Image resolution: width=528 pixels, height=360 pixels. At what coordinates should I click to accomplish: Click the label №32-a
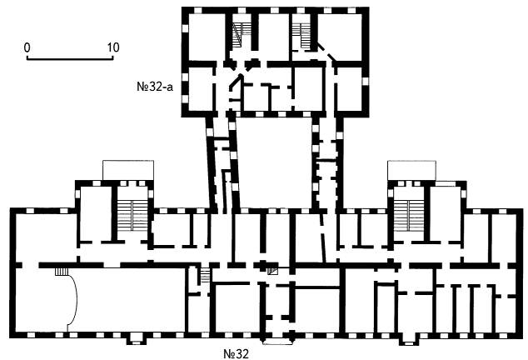coord(155,87)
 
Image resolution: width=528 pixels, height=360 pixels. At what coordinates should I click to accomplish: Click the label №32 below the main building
coord(236,354)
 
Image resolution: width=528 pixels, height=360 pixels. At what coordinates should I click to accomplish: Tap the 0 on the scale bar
coord(27,47)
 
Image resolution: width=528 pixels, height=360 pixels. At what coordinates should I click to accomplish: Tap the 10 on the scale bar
coord(113,47)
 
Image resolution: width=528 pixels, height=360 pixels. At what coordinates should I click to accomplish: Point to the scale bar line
coord(70,59)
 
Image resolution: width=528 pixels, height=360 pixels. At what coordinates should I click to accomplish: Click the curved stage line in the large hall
coord(75,297)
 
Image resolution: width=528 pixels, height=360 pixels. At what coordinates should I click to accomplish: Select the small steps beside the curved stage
coord(62,272)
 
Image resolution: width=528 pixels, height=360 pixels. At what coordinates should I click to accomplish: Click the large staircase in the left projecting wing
coord(132,215)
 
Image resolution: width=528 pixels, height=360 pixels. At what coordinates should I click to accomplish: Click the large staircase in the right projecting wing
coord(408,215)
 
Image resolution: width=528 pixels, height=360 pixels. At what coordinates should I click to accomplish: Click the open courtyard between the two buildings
coord(275,162)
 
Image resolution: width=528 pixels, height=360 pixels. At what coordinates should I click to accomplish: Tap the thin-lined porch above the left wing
coord(128,171)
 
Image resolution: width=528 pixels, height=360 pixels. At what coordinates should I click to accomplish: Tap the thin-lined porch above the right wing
coord(412,171)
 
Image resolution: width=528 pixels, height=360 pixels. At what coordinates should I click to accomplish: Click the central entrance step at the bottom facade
coord(277,341)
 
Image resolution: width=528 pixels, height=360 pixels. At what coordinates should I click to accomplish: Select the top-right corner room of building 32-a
coord(340,37)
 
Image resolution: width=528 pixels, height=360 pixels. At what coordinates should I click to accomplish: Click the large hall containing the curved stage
coord(100,300)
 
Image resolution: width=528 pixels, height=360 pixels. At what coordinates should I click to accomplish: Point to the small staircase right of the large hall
coord(205,275)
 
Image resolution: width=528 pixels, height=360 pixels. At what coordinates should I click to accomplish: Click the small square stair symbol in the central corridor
coord(272,271)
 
